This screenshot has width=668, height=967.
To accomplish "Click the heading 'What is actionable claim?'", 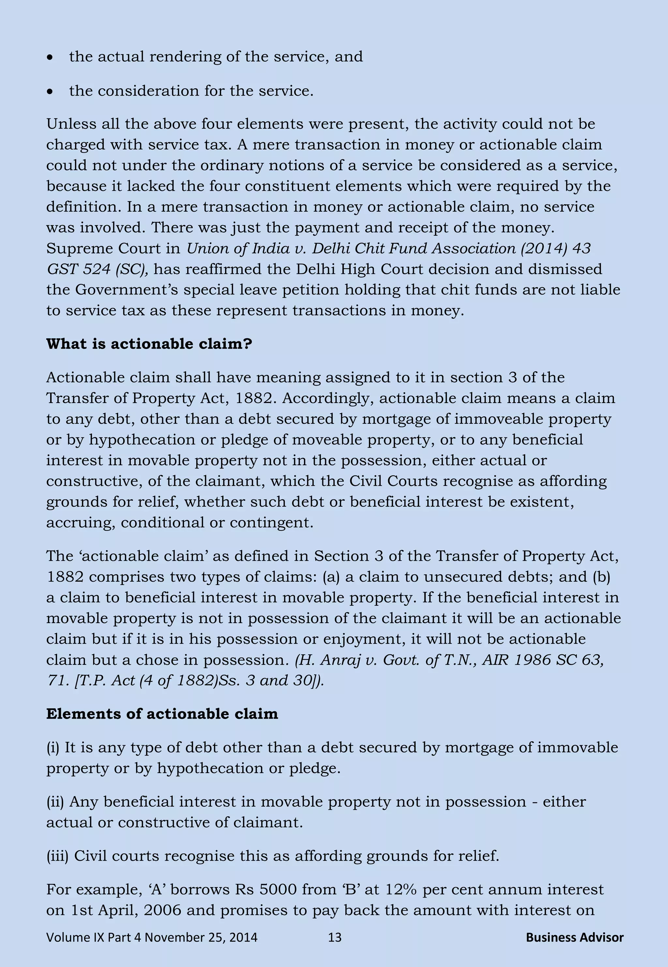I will (149, 344).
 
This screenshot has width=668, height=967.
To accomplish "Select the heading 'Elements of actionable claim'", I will (162, 714).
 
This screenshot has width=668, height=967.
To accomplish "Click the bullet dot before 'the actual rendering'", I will (50, 58).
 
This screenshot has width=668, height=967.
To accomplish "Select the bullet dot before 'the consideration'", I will (50, 92).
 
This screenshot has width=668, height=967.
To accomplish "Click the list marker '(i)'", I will (53, 747).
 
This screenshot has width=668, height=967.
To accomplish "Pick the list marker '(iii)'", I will (57, 856).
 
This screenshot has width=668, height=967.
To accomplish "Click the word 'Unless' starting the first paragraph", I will (69, 124).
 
